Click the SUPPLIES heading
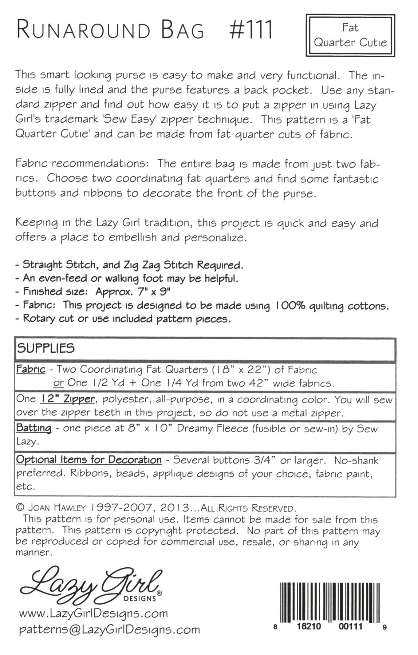[x=46, y=348]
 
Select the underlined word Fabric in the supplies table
[x=31, y=369]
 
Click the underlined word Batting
[x=33, y=428]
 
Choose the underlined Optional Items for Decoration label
[x=88, y=460]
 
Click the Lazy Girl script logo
[x=91, y=584]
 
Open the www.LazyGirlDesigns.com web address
[x=93, y=614]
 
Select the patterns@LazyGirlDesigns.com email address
[x=109, y=630]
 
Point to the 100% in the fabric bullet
[x=290, y=306]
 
